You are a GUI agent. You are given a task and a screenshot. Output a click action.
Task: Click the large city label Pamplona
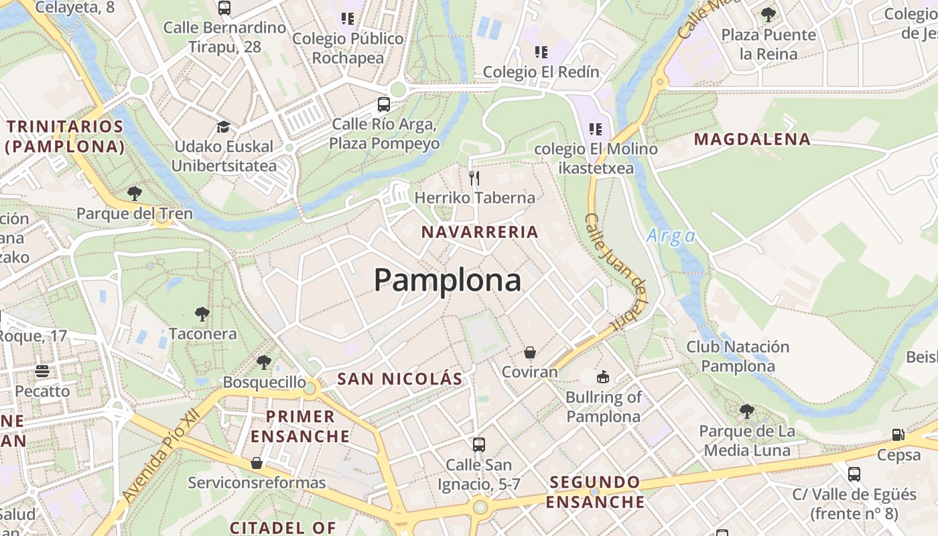(x=448, y=280)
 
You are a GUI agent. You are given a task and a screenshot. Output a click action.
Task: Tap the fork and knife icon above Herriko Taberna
(x=474, y=178)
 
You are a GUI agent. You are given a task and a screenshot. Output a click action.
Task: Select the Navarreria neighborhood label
(x=480, y=232)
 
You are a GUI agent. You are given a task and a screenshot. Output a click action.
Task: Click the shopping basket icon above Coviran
(x=530, y=352)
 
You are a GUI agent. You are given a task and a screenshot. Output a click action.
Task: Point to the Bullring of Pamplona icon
(x=603, y=377)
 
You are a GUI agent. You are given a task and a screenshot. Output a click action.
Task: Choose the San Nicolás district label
(x=400, y=379)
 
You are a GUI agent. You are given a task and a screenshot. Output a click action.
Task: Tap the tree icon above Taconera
(x=202, y=314)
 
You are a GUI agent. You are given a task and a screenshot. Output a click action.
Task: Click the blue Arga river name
(x=671, y=236)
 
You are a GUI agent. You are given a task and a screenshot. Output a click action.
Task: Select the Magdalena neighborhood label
(x=752, y=139)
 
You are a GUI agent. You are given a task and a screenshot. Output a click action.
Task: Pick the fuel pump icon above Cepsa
(x=898, y=435)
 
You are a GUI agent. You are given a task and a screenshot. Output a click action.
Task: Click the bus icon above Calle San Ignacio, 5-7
(x=479, y=444)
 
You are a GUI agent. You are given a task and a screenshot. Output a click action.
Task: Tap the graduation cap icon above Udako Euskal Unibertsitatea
(x=223, y=127)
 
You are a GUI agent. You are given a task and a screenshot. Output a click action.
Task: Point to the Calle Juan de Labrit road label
(x=615, y=271)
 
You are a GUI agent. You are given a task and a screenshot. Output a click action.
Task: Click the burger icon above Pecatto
(x=42, y=371)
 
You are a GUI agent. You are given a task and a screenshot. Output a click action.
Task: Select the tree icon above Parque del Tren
(x=135, y=194)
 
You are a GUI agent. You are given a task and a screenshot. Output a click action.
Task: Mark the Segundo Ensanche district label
(x=595, y=491)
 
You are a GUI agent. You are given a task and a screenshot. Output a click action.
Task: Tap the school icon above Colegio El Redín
(x=541, y=52)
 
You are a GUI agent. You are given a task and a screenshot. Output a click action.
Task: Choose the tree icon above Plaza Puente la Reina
(x=768, y=14)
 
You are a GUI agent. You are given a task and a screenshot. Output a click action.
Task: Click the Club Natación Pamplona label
(x=738, y=356)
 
